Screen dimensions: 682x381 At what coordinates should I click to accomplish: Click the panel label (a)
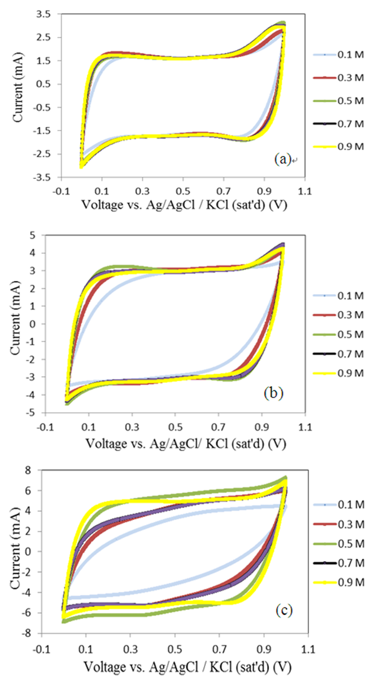(282, 160)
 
